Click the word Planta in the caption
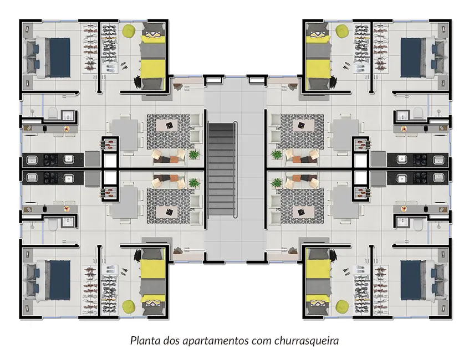point(143,340)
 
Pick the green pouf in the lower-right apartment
point(341,305)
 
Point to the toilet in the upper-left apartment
point(52,114)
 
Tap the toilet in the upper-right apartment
point(418,114)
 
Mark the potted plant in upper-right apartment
point(276,153)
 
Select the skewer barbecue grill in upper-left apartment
point(109,145)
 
